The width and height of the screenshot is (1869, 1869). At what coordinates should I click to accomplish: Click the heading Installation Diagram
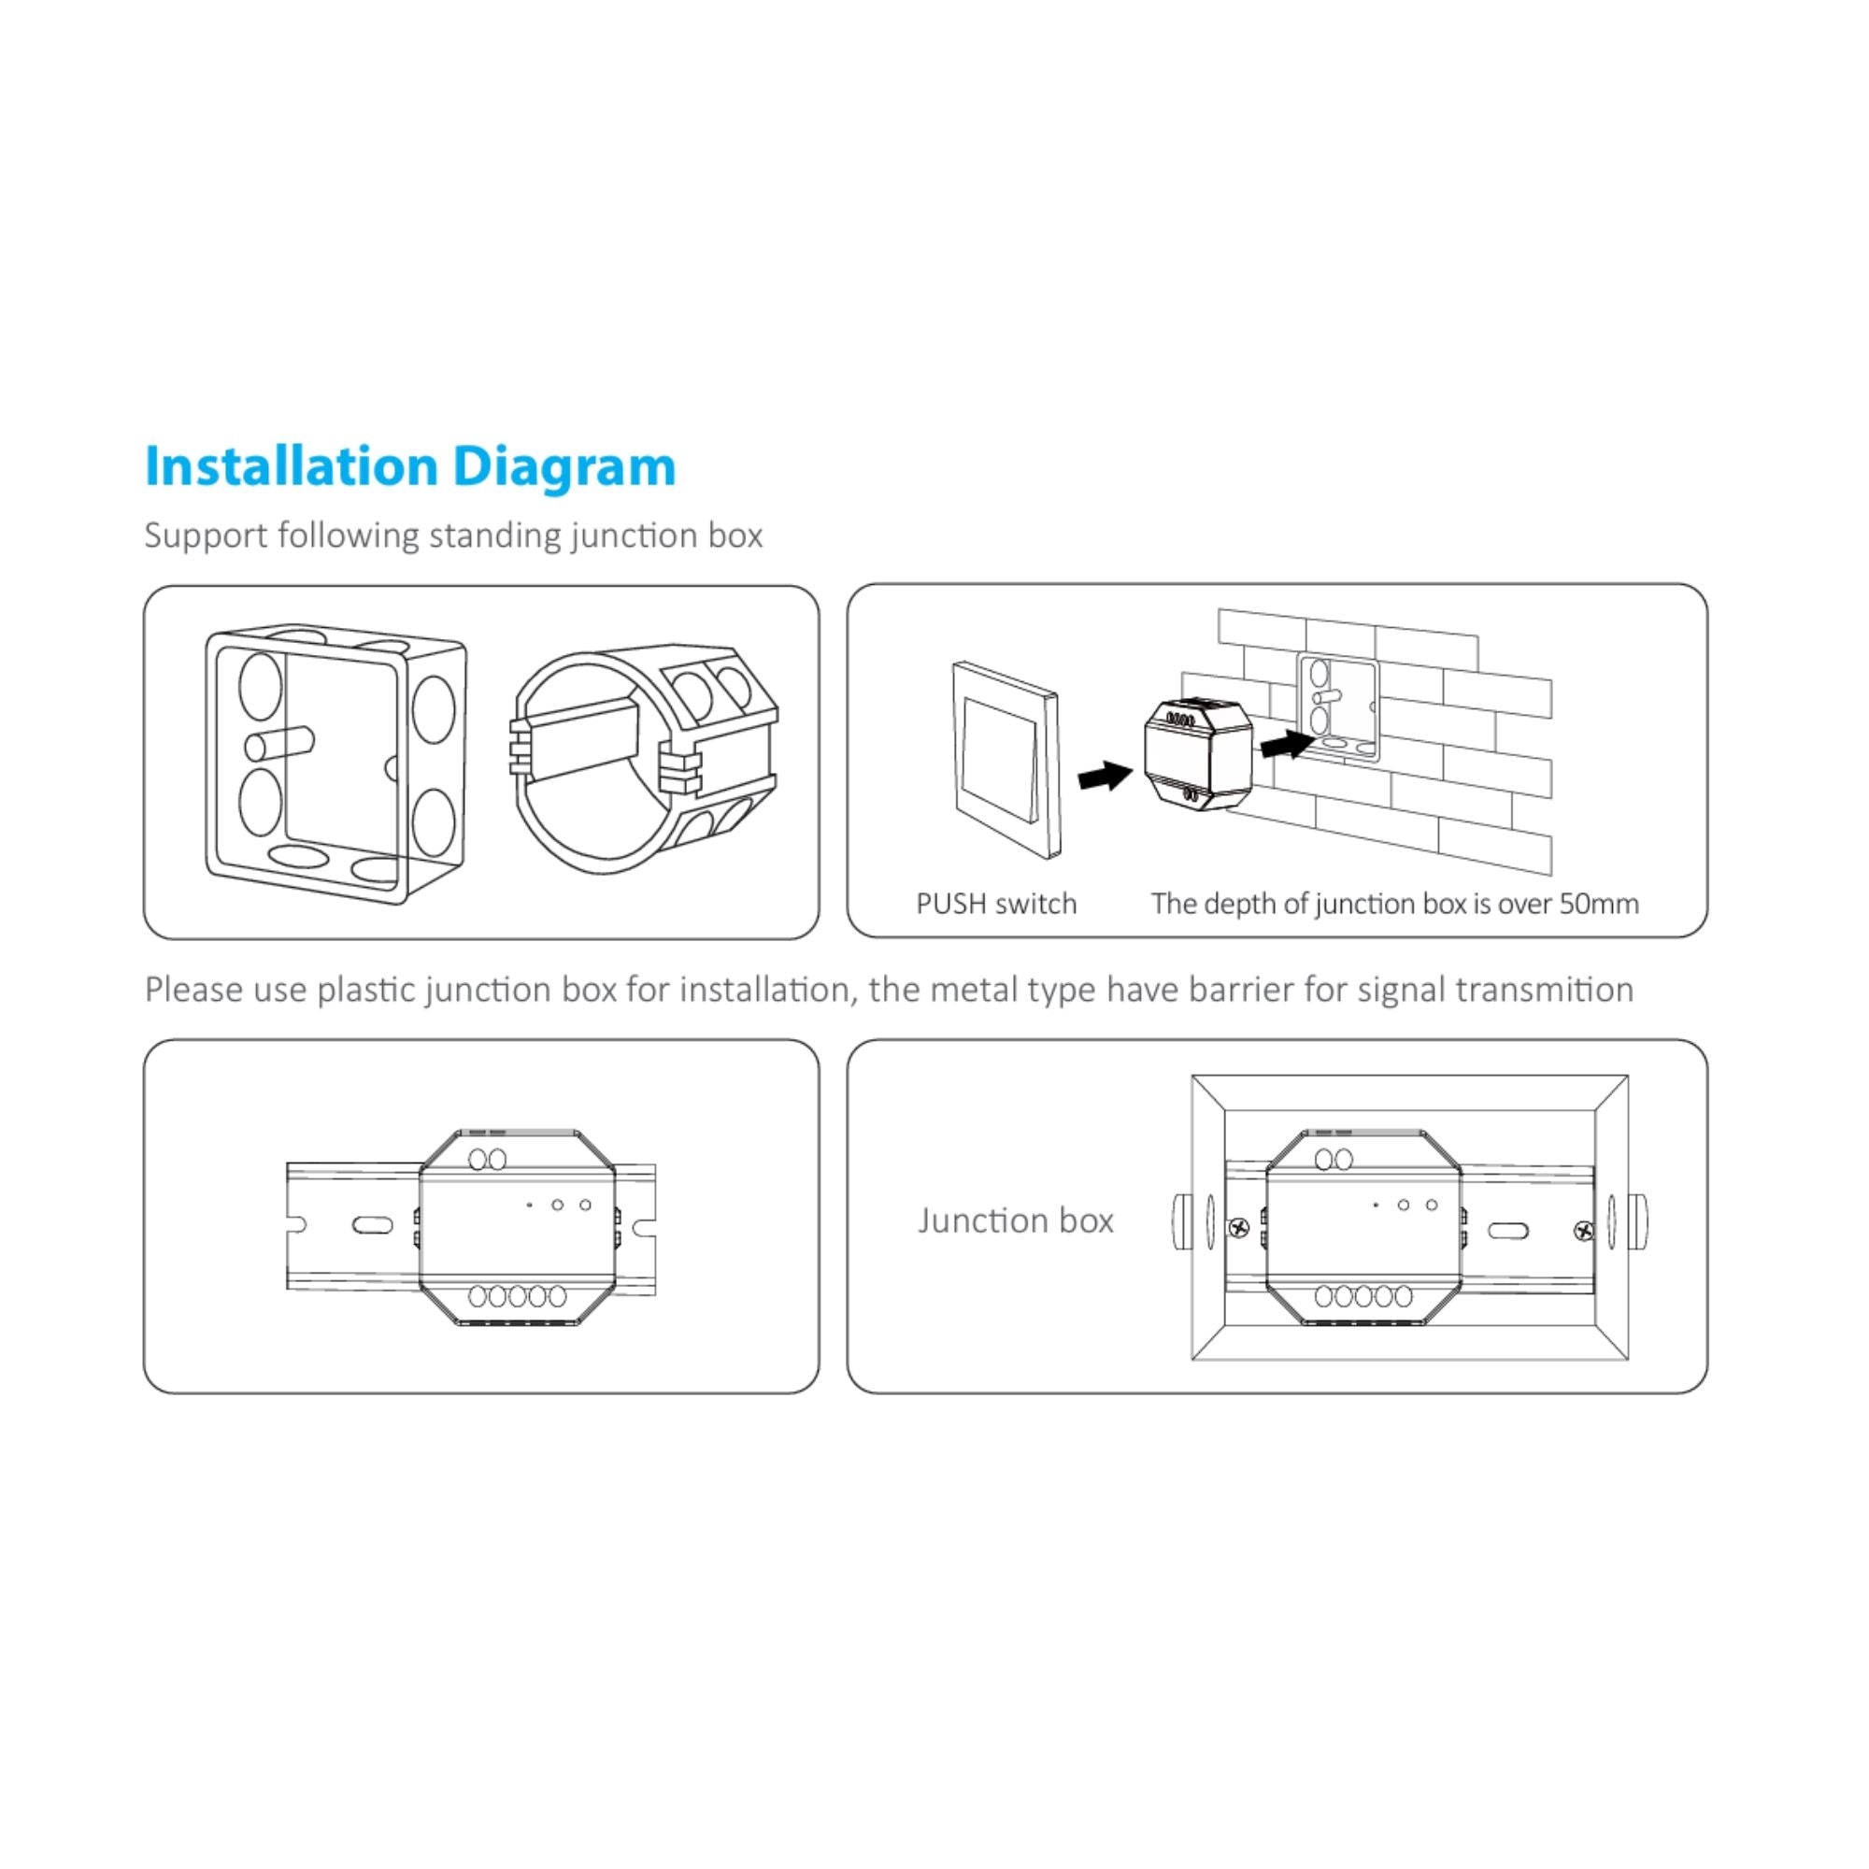point(409,466)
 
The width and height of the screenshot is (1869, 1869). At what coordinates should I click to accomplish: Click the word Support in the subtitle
point(205,535)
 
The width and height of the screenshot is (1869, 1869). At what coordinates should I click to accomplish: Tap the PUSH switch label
point(995,904)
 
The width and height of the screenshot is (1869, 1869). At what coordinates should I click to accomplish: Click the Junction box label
point(1015,1220)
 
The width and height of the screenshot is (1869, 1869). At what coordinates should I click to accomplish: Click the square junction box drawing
point(334,764)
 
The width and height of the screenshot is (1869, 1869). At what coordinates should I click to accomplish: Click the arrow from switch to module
point(1105,774)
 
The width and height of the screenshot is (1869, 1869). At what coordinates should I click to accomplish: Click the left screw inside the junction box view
point(1239,1229)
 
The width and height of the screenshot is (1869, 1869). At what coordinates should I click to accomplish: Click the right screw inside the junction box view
point(1584,1231)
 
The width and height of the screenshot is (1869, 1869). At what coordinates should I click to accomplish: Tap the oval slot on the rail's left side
point(373,1225)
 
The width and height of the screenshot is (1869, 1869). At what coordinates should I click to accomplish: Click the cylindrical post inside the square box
point(278,744)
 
